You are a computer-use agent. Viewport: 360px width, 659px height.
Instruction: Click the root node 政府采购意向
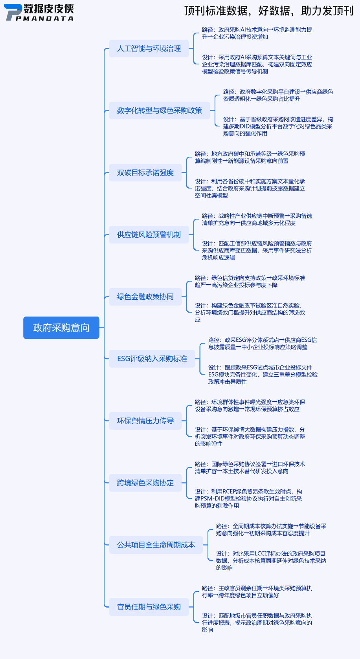pyautogui.click(x=61, y=328)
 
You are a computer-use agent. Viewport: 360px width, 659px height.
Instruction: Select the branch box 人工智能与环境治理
pyautogui.click(x=149, y=49)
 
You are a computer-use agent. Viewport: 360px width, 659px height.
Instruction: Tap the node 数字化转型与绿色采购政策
pyautogui.click(x=159, y=111)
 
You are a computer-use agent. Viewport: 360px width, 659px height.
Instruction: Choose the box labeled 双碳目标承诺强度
pyautogui.click(x=145, y=173)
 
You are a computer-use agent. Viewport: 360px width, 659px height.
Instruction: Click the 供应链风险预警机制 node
pyautogui.click(x=149, y=235)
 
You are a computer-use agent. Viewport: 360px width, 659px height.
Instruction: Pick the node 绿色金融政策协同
pyautogui.click(x=145, y=297)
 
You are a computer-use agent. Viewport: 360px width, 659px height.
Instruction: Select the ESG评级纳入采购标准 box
pyautogui.click(x=152, y=359)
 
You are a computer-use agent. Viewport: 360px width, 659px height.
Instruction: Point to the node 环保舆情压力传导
pyautogui.click(x=145, y=421)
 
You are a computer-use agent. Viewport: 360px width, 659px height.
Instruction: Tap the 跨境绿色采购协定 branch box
pyautogui.click(x=145, y=483)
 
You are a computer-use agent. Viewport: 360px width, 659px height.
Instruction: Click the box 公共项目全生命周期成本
pyautogui.click(x=156, y=545)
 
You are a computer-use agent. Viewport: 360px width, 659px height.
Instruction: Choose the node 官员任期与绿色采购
pyautogui.click(x=149, y=607)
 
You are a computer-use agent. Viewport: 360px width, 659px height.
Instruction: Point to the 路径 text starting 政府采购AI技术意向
pyautogui.click(x=257, y=33)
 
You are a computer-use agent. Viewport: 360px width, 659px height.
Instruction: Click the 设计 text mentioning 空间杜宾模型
pyautogui.click(x=250, y=189)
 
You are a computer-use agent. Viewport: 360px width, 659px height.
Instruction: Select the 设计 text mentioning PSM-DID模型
pyautogui.click(x=248, y=499)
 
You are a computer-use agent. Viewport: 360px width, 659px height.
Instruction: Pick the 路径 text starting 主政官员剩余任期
pyautogui.click(x=257, y=592)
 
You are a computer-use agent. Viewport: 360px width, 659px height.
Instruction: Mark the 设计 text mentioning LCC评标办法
pyautogui.click(x=271, y=561)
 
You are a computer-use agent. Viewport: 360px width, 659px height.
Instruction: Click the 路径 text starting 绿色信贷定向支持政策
pyautogui.click(x=250, y=282)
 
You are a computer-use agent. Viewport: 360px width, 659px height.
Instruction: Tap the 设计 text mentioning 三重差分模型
pyautogui.click(x=263, y=375)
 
